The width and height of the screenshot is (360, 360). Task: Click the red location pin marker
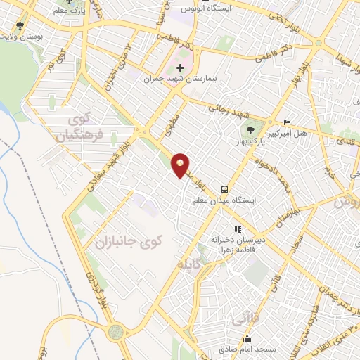tap(181, 165)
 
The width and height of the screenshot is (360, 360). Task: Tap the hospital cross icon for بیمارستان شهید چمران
tap(181, 68)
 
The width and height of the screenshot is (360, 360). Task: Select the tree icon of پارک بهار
tap(251, 129)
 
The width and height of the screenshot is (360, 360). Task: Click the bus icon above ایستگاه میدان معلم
tap(224, 188)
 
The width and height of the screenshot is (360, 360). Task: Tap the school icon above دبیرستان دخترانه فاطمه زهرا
tap(238, 229)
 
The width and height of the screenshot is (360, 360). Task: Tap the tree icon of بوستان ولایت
tap(20, 24)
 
